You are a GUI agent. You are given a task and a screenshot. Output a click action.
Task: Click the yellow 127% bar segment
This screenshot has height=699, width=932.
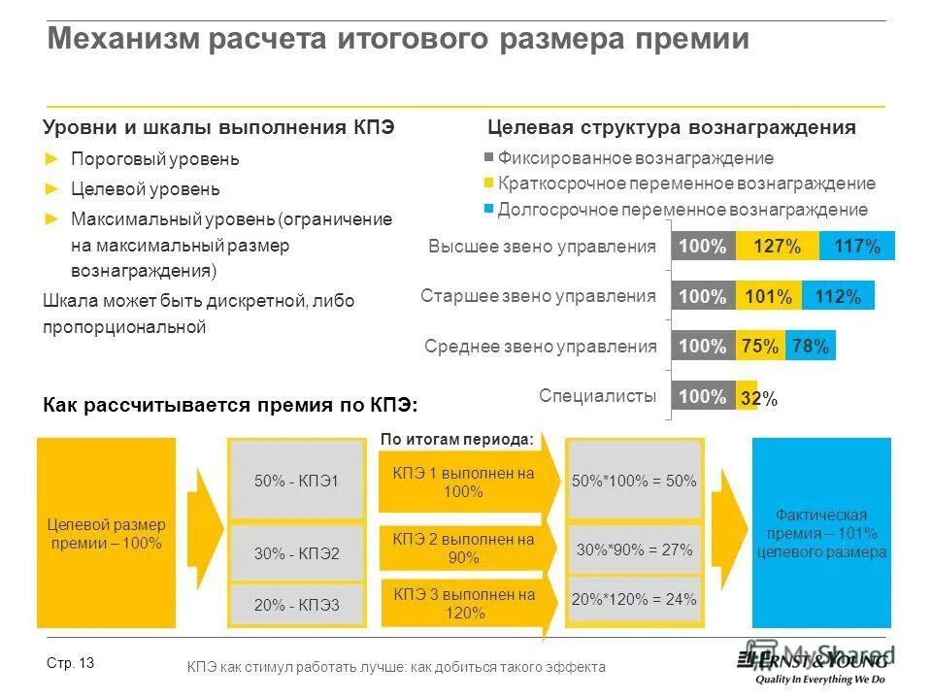[777, 247]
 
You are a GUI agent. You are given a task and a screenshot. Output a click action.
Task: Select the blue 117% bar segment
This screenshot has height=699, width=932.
[857, 247]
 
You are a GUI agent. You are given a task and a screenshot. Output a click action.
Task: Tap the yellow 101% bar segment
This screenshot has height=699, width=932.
[769, 296]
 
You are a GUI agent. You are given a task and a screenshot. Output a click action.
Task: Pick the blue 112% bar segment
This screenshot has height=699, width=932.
[839, 296]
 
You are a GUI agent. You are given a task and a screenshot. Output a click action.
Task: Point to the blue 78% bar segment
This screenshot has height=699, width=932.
[810, 346]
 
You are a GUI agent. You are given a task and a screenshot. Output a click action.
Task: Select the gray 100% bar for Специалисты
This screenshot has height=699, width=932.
[703, 395]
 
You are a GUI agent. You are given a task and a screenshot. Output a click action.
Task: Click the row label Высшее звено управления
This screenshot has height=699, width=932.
[542, 247]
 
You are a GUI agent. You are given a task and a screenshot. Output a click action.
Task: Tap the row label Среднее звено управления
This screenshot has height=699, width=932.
[540, 346]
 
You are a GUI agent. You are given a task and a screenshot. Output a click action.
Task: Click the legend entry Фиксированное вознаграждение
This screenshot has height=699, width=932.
[635, 158]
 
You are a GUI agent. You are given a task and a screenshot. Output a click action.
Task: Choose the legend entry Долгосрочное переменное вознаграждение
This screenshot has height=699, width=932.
[682, 210]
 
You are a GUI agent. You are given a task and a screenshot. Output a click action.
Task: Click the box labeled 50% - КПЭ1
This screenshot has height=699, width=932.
[296, 480]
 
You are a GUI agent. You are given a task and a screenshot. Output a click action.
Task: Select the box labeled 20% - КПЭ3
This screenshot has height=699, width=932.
[296, 605]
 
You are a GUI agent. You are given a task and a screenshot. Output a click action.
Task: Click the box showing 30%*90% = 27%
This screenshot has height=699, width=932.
[634, 549]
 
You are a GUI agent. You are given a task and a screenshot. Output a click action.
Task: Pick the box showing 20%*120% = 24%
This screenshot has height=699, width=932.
[634, 599]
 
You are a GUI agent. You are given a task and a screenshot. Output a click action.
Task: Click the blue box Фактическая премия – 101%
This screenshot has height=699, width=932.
[821, 533]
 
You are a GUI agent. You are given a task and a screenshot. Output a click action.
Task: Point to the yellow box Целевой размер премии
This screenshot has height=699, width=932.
[106, 533]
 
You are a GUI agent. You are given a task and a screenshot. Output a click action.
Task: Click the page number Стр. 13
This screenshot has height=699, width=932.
[70, 663]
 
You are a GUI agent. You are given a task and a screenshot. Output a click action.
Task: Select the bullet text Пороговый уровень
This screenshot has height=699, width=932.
[154, 159]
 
